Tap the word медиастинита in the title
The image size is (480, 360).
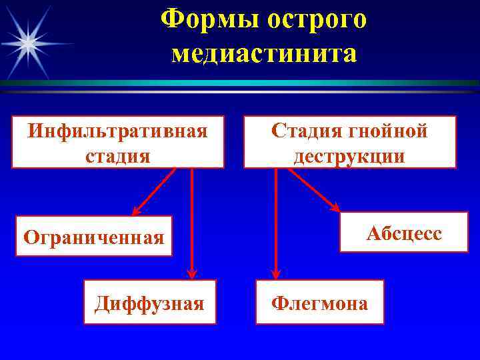coord(264,53)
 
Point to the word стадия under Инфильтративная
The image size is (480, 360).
coord(117,156)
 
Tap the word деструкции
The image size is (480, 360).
coord(349,156)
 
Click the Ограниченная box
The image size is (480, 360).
coord(94,236)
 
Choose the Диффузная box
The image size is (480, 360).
coord(149,303)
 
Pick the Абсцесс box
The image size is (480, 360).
coord(404,233)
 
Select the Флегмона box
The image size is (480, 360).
coord(319,303)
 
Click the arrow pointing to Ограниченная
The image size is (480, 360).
coord(154,191)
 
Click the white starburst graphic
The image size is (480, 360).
coord(28,42)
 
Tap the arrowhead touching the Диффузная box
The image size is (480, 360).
coord(192,273)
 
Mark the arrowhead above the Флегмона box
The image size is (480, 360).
coord(276,273)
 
